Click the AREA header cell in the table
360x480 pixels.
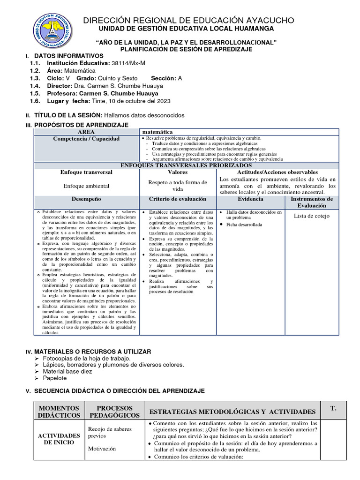click(x=86, y=132)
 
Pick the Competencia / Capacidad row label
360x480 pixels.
click(x=86, y=139)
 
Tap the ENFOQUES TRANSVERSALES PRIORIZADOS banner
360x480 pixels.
click(x=186, y=165)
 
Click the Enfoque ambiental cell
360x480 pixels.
click(x=86, y=186)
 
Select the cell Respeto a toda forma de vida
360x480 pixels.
click(x=178, y=186)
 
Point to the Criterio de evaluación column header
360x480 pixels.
click(x=178, y=199)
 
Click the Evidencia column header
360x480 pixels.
click(x=250, y=199)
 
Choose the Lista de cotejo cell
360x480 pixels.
click(x=312, y=216)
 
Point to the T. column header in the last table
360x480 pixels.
click(x=333, y=409)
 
